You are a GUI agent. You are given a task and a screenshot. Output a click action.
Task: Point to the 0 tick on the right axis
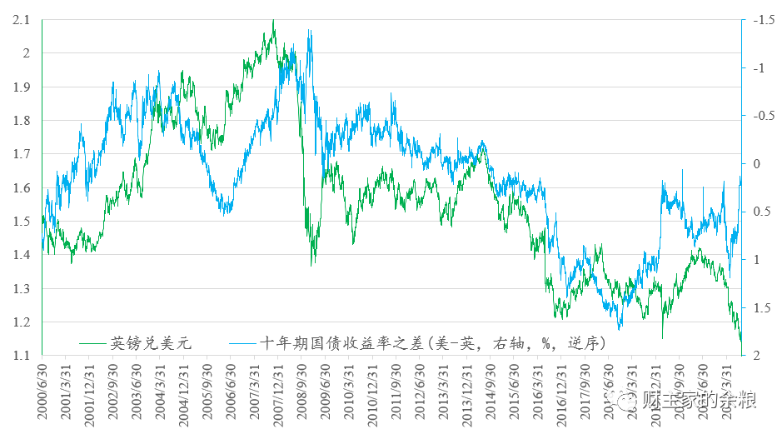pyautogui.click(x=757, y=163)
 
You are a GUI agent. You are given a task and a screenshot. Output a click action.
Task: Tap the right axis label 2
pyautogui.click(x=757, y=356)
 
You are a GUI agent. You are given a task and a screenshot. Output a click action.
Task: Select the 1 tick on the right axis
pyautogui.click(x=757, y=260)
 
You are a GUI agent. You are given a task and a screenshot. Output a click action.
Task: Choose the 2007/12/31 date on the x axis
pyautogui.click(x=276, y=392)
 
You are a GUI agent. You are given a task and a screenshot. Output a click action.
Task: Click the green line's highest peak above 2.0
pyautogui.click(x=273, y=21)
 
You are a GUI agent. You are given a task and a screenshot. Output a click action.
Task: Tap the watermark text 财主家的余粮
pyautogui.click(x=698, y=401)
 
